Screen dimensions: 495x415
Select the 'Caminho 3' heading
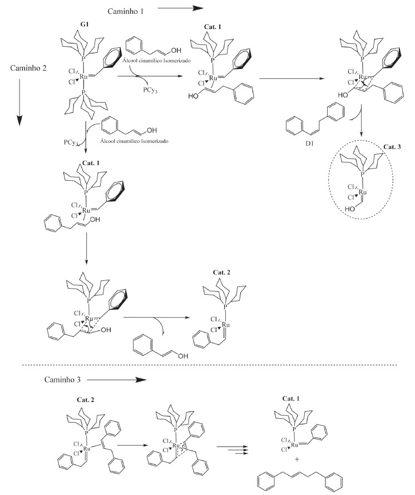tap(63, 380)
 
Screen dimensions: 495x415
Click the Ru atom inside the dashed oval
tap(362, 192)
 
